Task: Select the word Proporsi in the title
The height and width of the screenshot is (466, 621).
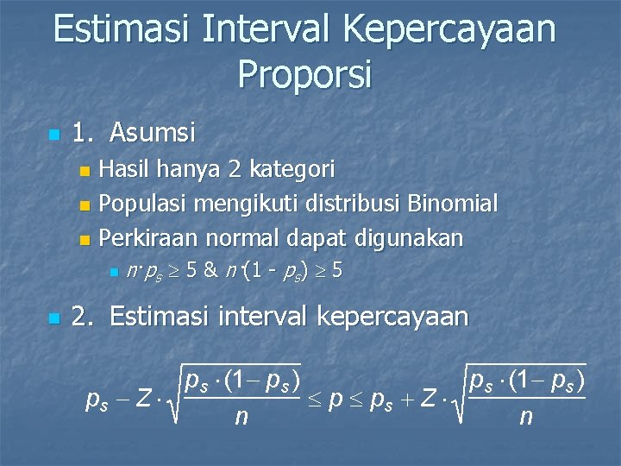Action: pyautogui.click(x=304, y=74)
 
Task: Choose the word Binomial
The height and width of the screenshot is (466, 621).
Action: pyautogui.click(x=454, y=204)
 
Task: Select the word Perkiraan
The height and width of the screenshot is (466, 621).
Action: pyautogui.click(x=146, y=237)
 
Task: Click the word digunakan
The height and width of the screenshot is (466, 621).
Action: pyautogui.click(x=413, y=237)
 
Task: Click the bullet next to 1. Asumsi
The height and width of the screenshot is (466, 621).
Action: pyautogui.click(x=53, y=135)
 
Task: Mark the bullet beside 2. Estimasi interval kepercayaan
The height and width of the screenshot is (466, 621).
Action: pyautogui.click(x=53, y=319)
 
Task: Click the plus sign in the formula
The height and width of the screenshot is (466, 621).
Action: pyautogui.click(x=403, y=400)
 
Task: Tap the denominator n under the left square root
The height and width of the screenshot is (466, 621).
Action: pyautogui.click(x=241, y=419)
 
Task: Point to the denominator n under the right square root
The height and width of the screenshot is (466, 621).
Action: pyautogui.click(x=525, y=419)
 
